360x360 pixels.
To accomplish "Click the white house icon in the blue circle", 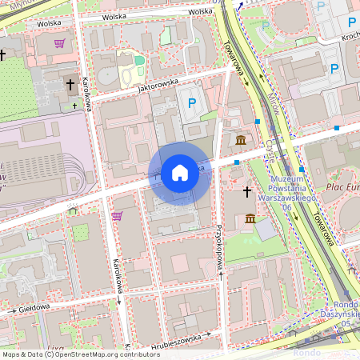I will click(x=180, y=173).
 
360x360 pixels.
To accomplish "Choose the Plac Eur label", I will click(x=342, y=186).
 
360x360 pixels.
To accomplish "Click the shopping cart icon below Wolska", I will click(x=59, y=43).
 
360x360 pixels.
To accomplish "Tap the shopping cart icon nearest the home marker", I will click(x=117, y=216).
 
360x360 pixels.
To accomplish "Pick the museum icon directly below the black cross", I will click(x=250, y=218).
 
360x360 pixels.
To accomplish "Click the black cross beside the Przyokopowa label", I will click(x=247, y=192).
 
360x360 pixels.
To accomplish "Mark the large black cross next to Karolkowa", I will click(x=70, y=83).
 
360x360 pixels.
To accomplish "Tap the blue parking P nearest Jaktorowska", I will click(x=191, y=102).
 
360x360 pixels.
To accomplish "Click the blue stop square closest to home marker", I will click(x=237, y=162).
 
